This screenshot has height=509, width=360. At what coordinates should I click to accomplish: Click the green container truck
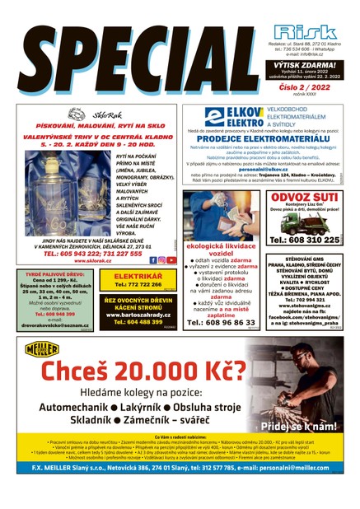[305, 224]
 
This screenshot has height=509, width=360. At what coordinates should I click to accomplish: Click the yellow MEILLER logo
[40, 348]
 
